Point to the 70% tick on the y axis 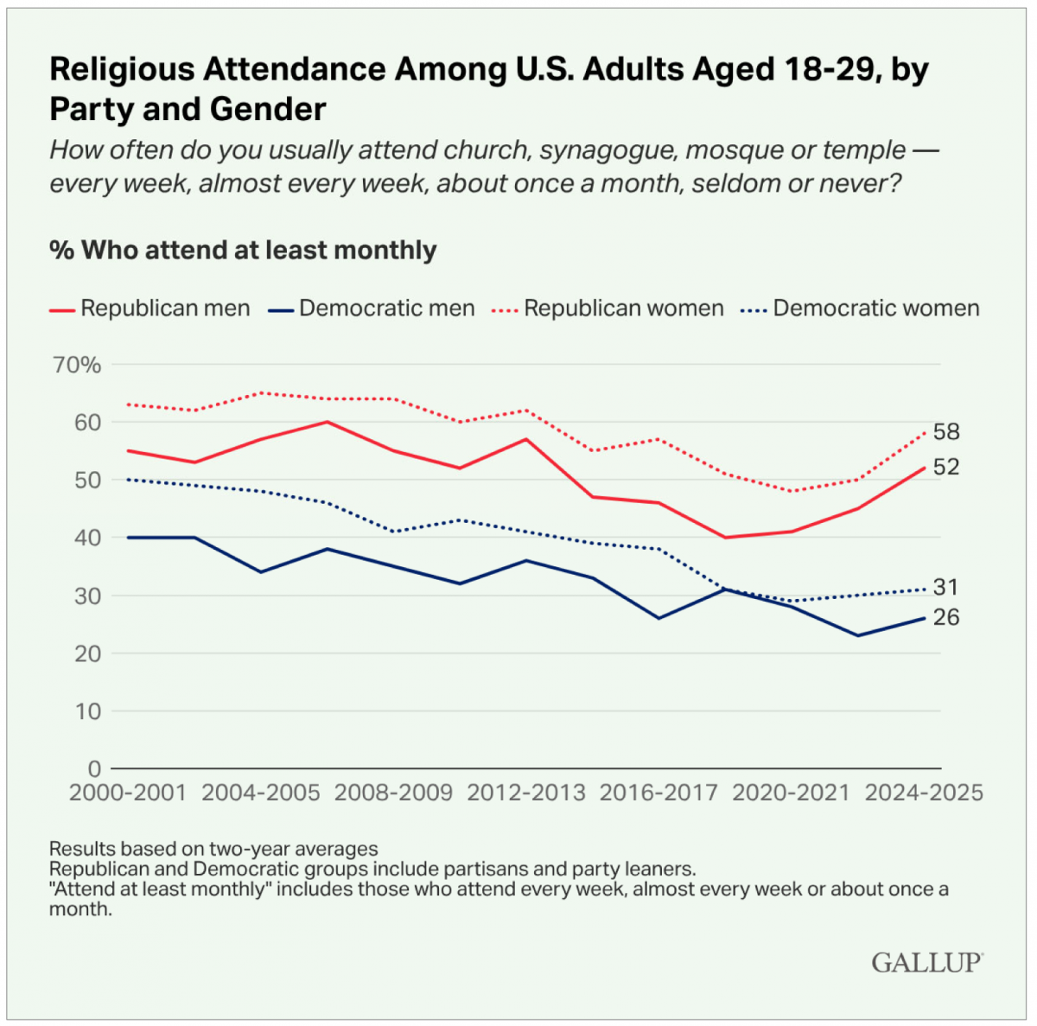click(x=78, y=365)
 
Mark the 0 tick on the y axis click(x=94, y=768)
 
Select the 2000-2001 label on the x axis click(x=128, y=793)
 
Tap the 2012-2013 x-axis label click(x=526, y=793)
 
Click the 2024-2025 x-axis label click(x=924, y=793)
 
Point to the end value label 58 click(x=946, y=432)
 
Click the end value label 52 click(x=946, y=467)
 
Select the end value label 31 click(x=945, y=588)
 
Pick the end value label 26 click(x=946, y=617)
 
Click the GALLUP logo click(x=926, y=962)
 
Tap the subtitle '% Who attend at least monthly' click(x=243, y=251)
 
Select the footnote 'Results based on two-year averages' click(x=213, y=848)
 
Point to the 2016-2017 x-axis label click(x=658, y=793)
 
